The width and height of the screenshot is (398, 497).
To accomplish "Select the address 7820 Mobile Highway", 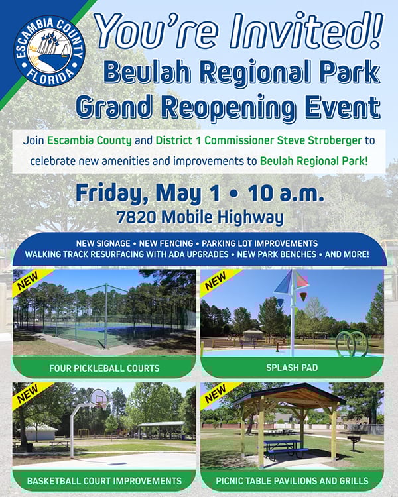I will pyautogui.click(x=199, y=217).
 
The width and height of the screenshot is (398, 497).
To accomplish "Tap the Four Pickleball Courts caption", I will pyautogui.click(x=104, y=368).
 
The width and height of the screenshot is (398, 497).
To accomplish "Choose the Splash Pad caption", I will pyautogui.click(x=292, y=368).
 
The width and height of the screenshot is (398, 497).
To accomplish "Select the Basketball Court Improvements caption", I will pyautogui.click(x=104, y=480).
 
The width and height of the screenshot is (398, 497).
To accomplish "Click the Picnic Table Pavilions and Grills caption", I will pyautogui.click(x=292, y=480).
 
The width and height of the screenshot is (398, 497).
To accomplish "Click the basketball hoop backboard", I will pyautogui.click(x=97, y=398).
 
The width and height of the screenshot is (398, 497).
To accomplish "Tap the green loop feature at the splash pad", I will pyautogui.click(x=351, y=343).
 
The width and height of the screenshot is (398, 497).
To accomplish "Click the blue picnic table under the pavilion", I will pyautogui.click(x=285, y=447).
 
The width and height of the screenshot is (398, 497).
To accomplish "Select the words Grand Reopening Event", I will pyautogui.click(x=228, y=106).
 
